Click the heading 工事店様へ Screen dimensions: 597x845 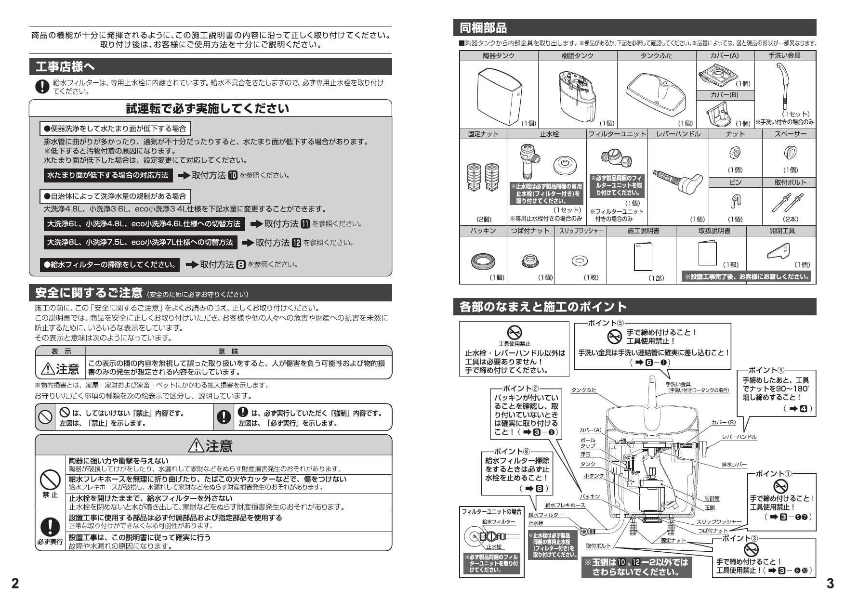[x=66, y=67]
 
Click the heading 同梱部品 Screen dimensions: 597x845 [x=483, y=28]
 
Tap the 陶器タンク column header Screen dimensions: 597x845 [x=499, y=56]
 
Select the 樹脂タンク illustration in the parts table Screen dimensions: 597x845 [x=576, y=94]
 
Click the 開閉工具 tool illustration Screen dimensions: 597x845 [x=778, y=250]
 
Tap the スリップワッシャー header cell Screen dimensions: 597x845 [x=581, y=231]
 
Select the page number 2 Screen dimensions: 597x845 [x=15, y=584]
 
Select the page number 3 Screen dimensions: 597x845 [x=830, y=584]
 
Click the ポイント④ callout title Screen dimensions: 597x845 [x=766, y=370]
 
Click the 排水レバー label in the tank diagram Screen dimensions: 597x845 [x=734, y=465]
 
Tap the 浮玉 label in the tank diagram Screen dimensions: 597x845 [x=585, y=454]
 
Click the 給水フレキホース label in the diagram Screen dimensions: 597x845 [x=565, y=505]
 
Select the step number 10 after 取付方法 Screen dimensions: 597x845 [x=233, y=175]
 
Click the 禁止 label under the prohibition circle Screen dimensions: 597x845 [x=50, y=494]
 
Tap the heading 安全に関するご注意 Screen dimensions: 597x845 [x=89, y=293]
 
